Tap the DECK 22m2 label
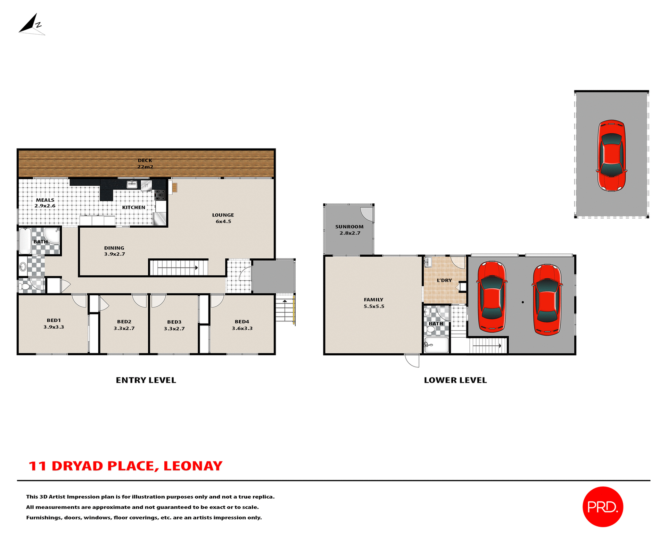pyautogui.click(x=145, y=163)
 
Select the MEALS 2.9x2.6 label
pyautogui.click(x=45, y=203)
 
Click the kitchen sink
pyautogui.click(x=132, y=184)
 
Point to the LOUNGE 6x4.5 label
pyautogui.click(x=223, y=218)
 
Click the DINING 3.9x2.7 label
pyautogui.click(x=114, y=251)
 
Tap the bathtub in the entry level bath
pyautogui.click(x=25, y=241)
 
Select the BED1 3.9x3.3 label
pyautogui.click(x=53, y=323)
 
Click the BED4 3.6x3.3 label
pyautogui.click(x=242, y=325)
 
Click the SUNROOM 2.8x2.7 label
pyautogui.click(x=349, y=230)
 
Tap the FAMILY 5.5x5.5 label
pyautogui.click(x=373, y=303)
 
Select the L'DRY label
pyautogui.click(x=444, y=280)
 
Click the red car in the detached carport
pyautogui.click(x=611, y=155)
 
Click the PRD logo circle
pyautogui.click(x=603, y=507)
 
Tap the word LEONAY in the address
pyautogui.click(x=193, y=466)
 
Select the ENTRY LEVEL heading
pyautogui.click(x=146, y=380)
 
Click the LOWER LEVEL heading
pyautogui.click(x=455, y=380)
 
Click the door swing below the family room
pyautogui.click(x=413, y=361)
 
